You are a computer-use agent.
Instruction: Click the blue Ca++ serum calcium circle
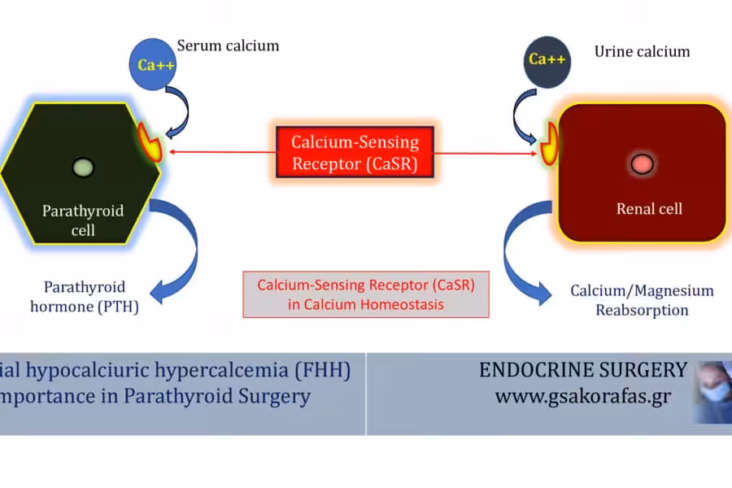(x=153, y=64)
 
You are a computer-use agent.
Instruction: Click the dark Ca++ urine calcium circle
(x=547, y=62)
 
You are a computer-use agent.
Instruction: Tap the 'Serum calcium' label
(x=228, y=46)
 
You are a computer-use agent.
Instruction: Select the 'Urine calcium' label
(x=642, y=51)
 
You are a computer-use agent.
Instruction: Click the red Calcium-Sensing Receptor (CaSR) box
(x=355, y=152)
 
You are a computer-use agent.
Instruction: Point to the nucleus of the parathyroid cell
(x=83, y=168)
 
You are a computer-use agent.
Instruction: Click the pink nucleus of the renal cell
(x=642, y=164)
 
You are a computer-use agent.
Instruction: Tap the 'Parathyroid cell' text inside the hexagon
(x=83, y=220)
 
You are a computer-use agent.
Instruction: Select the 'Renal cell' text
(x=649, y=209)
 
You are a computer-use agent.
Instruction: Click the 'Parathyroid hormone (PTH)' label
(x=85, y=297)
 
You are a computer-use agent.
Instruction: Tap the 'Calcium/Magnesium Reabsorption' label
(x=642, y=300)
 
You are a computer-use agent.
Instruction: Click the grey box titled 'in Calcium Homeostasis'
(x=366, y=294)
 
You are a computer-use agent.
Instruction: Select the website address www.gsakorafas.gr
(x=583, y=396)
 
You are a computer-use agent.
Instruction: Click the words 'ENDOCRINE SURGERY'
(x=583, y=370)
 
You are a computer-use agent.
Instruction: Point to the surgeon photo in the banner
(x=713, y=392)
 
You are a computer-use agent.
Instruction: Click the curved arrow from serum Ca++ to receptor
(x=185, y=111)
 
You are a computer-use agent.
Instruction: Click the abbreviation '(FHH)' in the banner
(x=323, y=370)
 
